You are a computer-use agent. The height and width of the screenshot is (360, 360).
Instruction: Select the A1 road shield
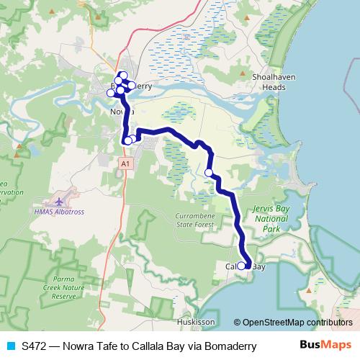[x=125, y=164]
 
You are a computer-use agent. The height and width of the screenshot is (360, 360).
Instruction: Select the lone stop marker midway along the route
[x=209, y=173]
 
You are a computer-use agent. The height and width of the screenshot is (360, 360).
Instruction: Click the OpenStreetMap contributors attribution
[x=293, y=323]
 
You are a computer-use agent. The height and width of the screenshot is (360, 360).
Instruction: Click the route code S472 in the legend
[x=35, y=346]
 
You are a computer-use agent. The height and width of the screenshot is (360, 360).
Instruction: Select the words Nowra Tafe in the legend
[x=94, y=346]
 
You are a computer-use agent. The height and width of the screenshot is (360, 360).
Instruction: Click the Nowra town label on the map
[x=121, y=112]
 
